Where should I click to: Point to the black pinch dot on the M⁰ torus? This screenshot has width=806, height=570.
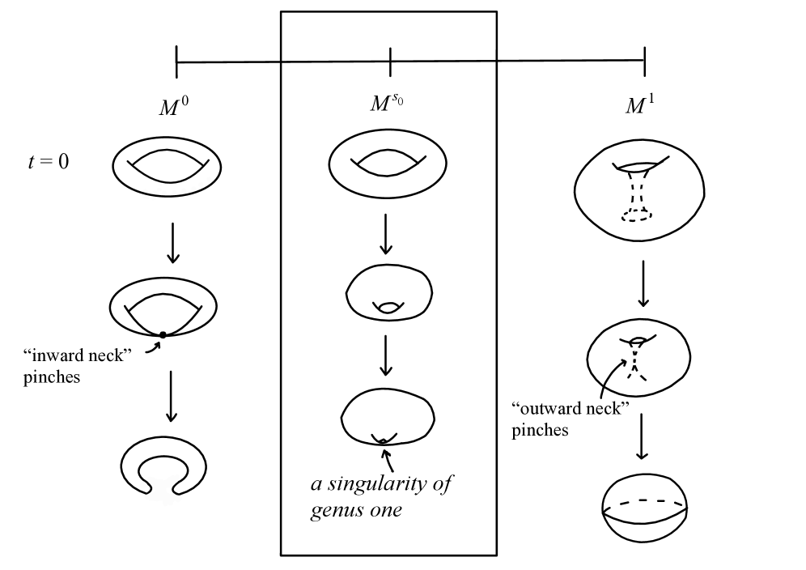[162, 334]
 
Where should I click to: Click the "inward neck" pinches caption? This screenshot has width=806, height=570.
[79, 366]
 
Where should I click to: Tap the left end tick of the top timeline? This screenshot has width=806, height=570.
[176, 62]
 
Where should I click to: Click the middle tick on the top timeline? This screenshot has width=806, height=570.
[390, 62]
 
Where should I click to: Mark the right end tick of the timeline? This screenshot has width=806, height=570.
[645, 62]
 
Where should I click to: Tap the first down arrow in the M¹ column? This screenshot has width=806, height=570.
[643, 283]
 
